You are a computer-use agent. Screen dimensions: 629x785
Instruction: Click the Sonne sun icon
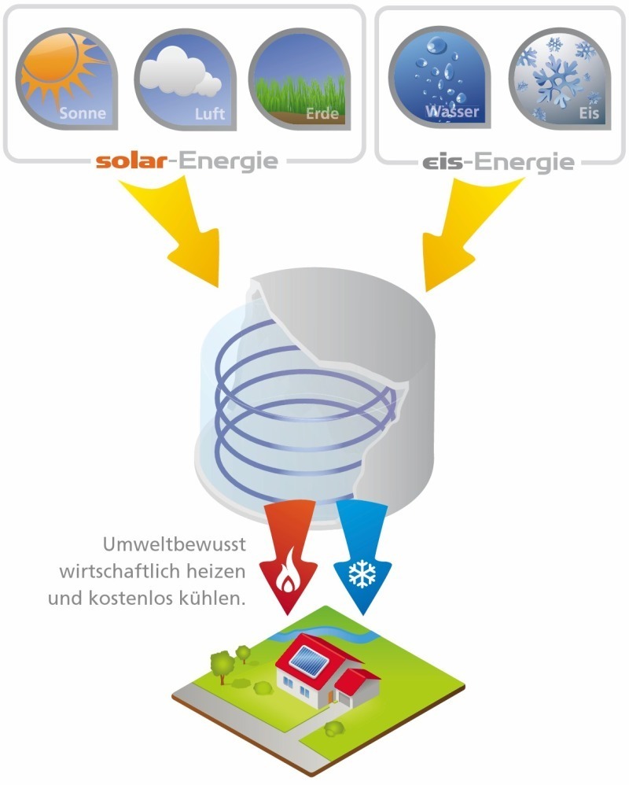pyautogui.click(x=67, y=79)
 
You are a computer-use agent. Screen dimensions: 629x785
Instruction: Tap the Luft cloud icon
pyautogui.click(x=185, y=79)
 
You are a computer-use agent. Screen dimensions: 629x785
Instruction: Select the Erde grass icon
pyautogui.click(x=300, y=79)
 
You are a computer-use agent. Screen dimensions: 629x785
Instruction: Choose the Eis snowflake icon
pyautogui.click(x=560, y=78)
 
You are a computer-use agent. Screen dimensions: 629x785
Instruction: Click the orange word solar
pyautogui.click(x=131, y=161)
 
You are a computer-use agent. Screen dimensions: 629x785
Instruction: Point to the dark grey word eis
pyautogui.click(x=443, y=162)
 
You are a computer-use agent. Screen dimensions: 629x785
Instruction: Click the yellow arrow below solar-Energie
pyautogui.click(x=175, y=230)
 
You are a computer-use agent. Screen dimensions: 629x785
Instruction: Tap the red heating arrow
pyautogui.click(x=289, y=555)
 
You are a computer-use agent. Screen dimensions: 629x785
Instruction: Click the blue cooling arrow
pyautogui.click(x=362, y=555)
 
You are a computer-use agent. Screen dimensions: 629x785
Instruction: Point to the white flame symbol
pyautogui.click(x=288, y=574)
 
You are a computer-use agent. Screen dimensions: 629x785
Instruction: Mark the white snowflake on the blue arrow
pyautogui.click(x=362, y=573)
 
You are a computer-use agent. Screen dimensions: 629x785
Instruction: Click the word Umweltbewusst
pyautogui.click(x=174, y=544)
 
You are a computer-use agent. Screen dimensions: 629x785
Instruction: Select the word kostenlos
pyautogui.click(x=123, y=599)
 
